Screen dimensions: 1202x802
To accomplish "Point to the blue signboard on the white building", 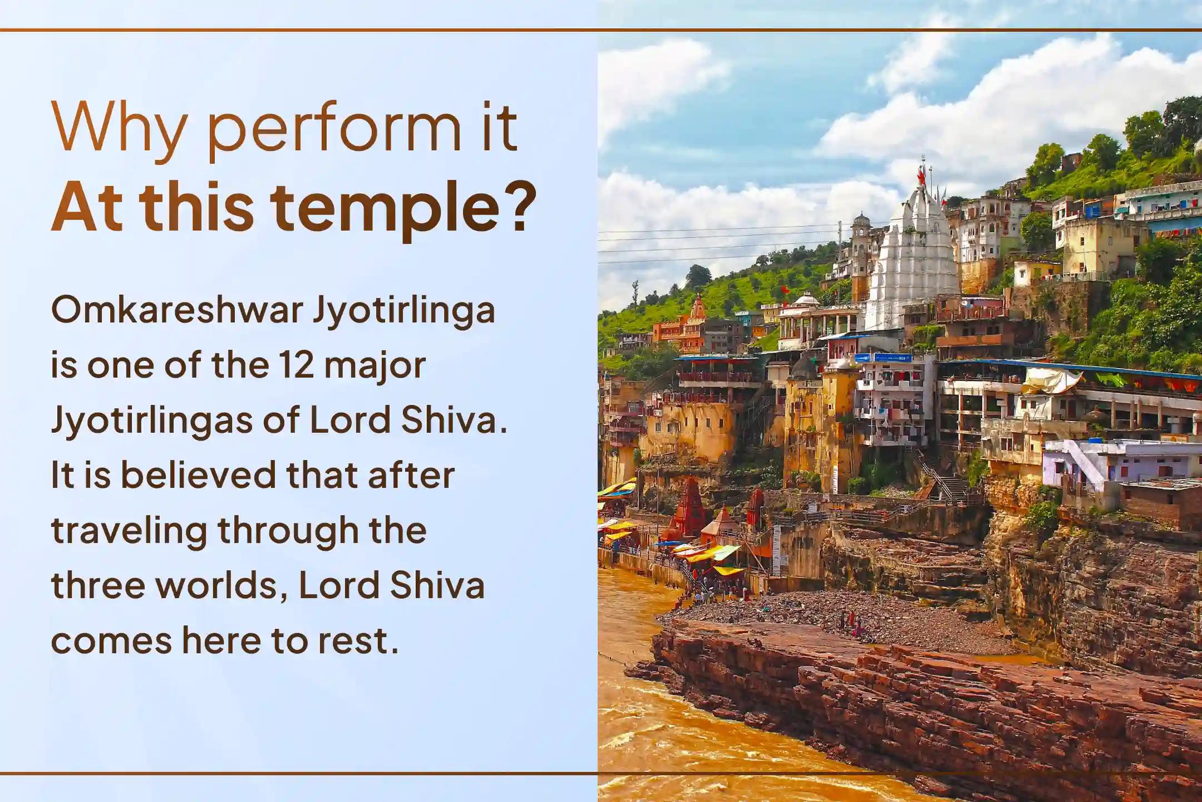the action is [883, 357].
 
